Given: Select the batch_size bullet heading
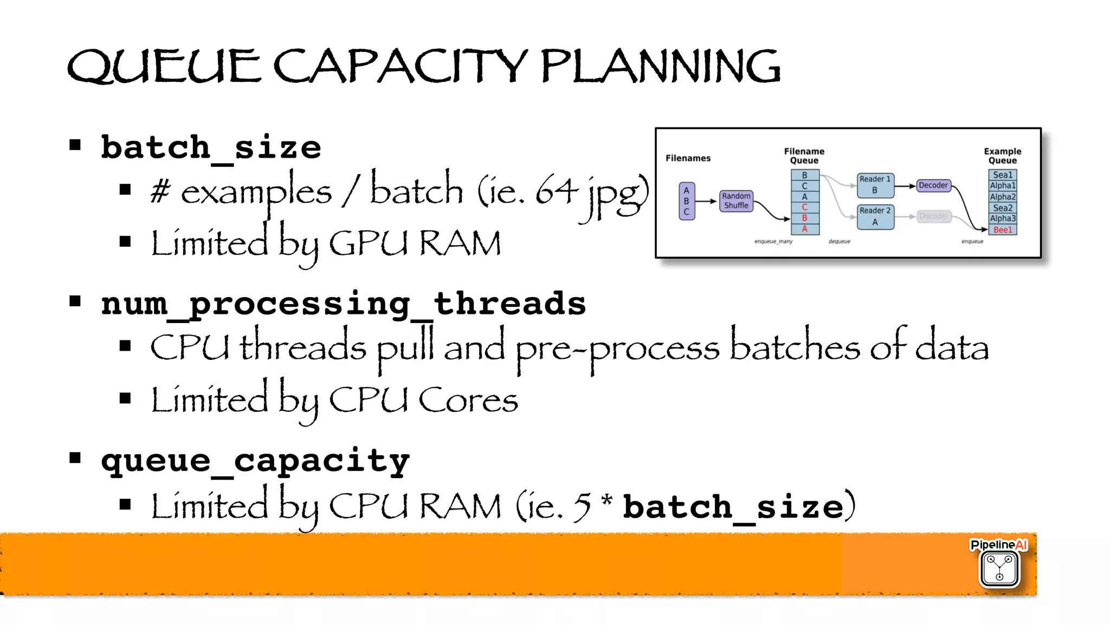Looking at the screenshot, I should point(211,147).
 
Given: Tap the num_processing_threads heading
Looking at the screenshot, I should point(344,304).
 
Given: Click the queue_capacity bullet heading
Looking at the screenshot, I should point(255,461).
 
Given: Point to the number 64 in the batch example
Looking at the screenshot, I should point(556,191).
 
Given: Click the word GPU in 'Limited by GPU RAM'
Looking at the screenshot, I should point(368,243).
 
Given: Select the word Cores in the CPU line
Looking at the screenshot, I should point(468,400).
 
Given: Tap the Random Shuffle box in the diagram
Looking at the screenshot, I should point(736,201).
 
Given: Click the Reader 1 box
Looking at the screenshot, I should point(875,185).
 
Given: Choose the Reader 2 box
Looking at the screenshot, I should point(875,216).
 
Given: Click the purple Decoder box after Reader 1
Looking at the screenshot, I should point(933,185).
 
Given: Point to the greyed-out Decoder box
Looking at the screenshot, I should point(933,216).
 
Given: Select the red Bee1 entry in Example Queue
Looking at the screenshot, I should point(1002,230).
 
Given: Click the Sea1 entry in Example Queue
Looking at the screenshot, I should point(1002,175).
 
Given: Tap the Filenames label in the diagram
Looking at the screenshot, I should point(688,158).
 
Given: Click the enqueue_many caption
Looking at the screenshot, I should point(773,241).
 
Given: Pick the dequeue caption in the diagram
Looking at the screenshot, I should point(839,241).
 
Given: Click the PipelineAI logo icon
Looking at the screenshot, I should point(999,568).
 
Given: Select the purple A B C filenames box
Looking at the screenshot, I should point(686,201).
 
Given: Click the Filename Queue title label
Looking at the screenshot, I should point(804,156).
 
